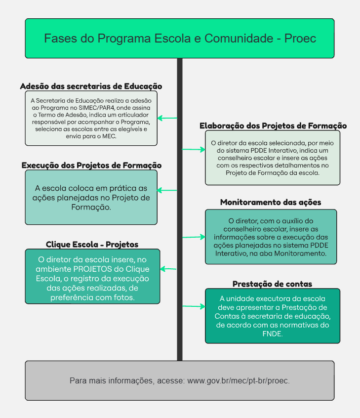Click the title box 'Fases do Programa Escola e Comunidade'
pos(180,39)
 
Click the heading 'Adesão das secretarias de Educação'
pos(91,86)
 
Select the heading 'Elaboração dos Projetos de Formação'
pos(273,126)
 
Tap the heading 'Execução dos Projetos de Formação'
pos(91,166)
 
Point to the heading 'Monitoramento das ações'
pos(271,203)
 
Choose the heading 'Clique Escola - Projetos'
pos(92,245)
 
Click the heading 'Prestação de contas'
pos(272,284)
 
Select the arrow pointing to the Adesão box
pos(167,118)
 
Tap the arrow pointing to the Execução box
pos(167,190)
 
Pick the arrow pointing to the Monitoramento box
pos(193,237)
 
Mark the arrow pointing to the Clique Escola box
pos(168,269)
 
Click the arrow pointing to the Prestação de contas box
pos(193,306)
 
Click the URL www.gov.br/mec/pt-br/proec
pos(238,381)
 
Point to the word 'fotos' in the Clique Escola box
pos(123,297)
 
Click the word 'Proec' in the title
pos(300,39)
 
